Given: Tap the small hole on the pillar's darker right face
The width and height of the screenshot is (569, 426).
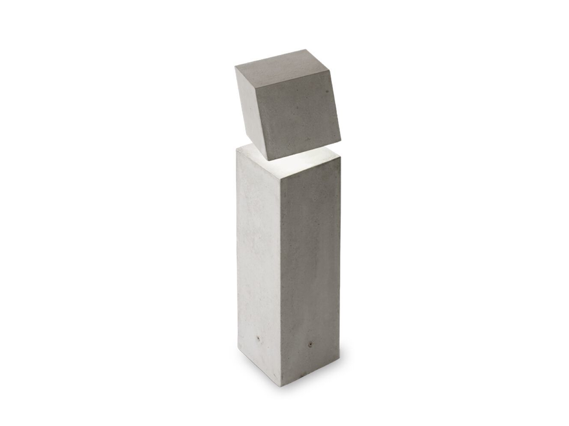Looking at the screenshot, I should coord(308,343).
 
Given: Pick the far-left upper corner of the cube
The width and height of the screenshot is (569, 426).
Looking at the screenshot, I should coord(235,68).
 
